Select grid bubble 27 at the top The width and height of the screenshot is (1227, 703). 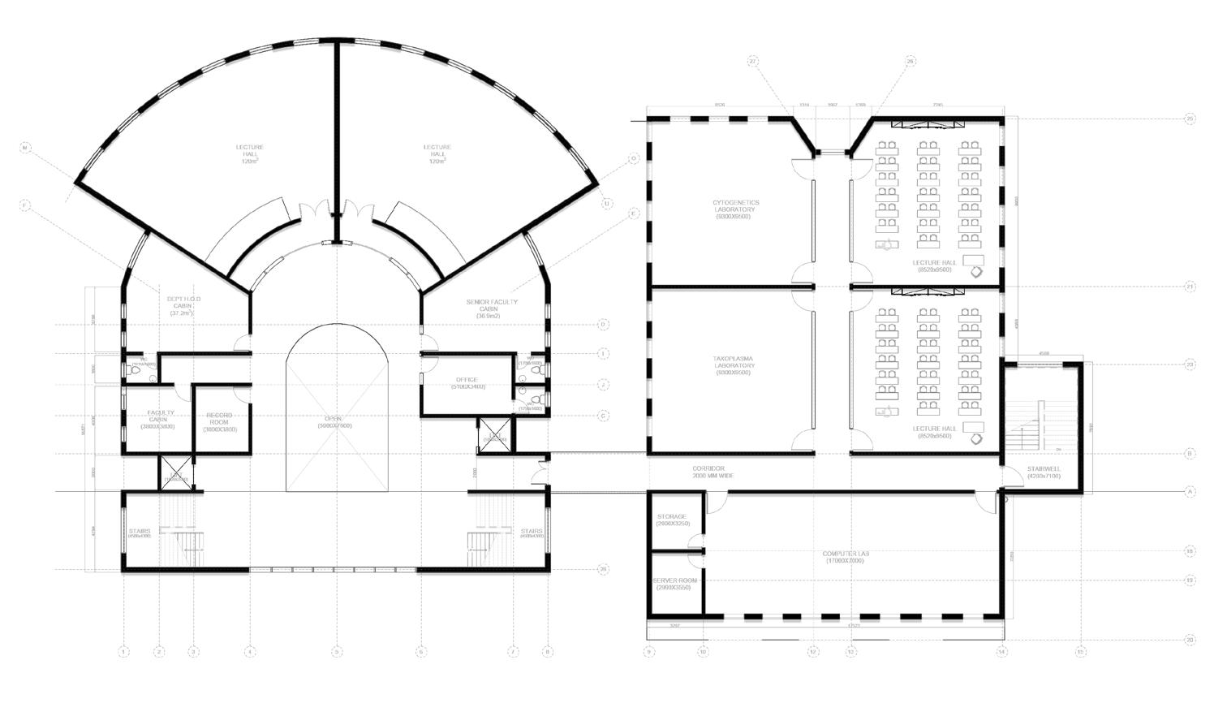click(x=753, y=61)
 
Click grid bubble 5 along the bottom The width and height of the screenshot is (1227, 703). click(x=335, y=651)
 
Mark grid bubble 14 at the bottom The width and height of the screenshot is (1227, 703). click(x=1002, y=651)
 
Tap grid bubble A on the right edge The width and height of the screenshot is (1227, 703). click(x=1190, y=491)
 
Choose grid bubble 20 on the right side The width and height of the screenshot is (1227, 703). click(x=1190, y=640)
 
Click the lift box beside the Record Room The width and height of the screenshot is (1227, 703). click(x=176, y=472)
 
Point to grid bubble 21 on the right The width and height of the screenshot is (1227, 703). click(x=1190, y=287)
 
